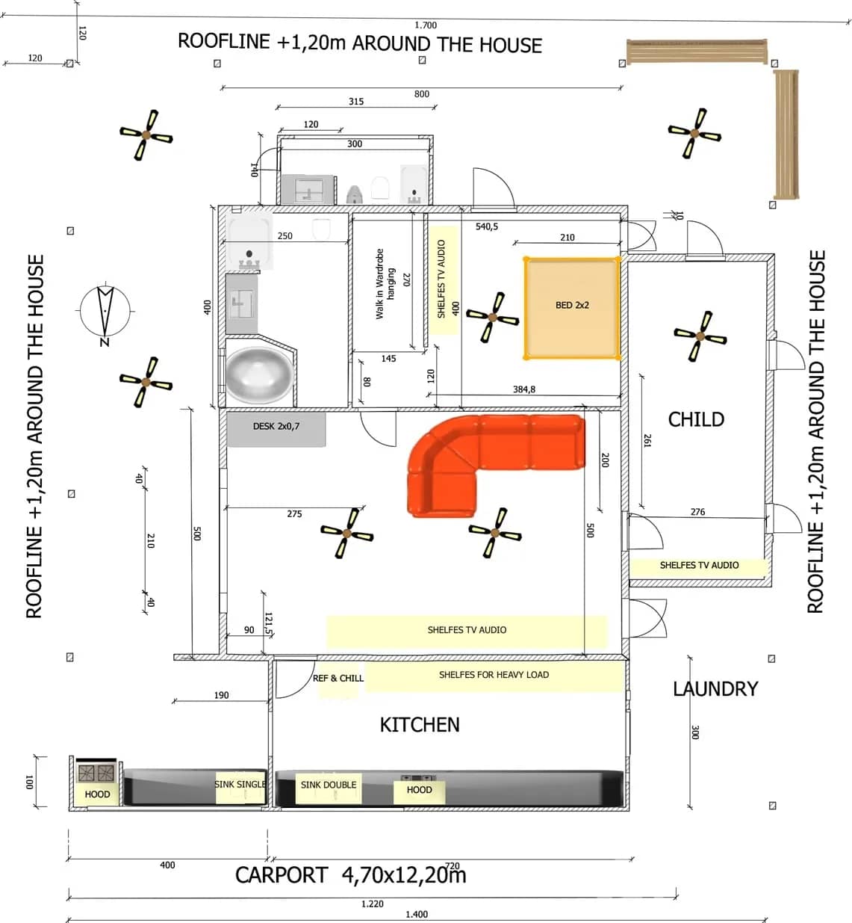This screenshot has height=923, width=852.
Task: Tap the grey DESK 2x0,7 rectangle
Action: coord(276,428)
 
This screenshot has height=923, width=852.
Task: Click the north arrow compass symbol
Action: coord(105,311)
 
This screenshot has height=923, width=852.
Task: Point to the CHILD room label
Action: coord(696,419)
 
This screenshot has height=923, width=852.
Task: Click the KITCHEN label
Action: coord(420,724)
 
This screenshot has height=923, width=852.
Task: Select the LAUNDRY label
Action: coord(715,688)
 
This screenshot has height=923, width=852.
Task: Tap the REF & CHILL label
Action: coord(338,678)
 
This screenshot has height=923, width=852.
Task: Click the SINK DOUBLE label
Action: coord(328,785)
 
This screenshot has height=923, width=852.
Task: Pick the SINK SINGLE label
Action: coord(240,784)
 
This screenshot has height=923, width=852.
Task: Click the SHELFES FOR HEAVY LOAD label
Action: coord(494,675)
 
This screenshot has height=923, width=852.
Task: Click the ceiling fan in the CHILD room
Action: coord(700,336)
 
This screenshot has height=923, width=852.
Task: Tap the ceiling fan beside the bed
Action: coord(492,318)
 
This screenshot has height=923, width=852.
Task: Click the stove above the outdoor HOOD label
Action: coord(96,772)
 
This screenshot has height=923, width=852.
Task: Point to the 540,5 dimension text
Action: coord(487,226)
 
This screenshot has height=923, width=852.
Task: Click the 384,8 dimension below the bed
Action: coord(523,389)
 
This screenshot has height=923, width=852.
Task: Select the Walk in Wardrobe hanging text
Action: coord(385,284)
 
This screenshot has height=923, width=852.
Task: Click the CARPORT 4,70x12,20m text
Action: coord(351,875)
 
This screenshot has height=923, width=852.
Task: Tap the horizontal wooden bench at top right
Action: coord(697,52)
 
